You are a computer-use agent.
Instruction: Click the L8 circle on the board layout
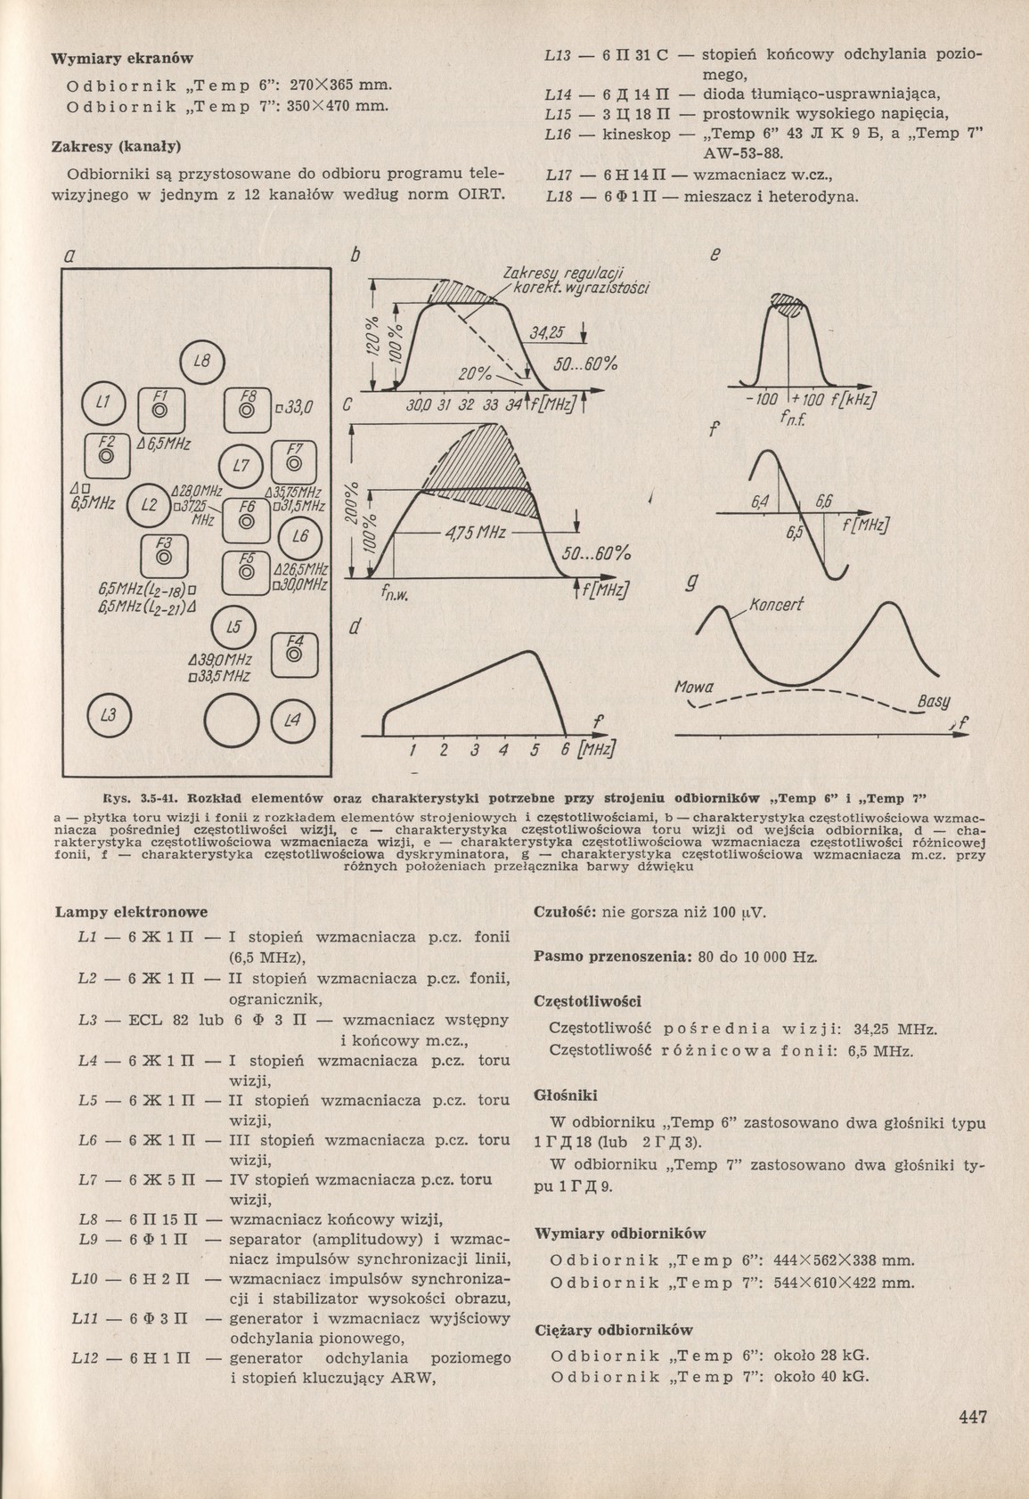(203, 362)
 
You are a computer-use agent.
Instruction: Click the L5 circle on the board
(233, 627)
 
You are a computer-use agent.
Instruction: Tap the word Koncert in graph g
(777, 605)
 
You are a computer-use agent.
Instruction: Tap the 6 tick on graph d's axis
(564, 749)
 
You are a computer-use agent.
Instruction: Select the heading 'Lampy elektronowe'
(131, 912)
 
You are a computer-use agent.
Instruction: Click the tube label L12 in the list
(87, 1358)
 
